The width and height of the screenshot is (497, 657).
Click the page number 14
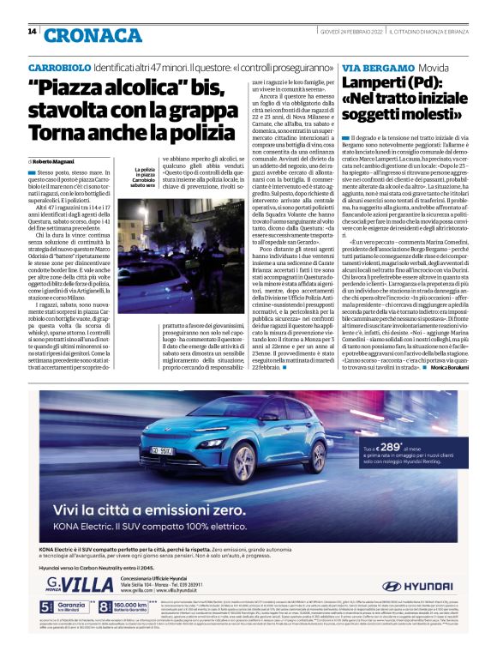click(x=32, y=32)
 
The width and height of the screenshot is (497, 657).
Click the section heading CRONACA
click(x=81, y=34)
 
